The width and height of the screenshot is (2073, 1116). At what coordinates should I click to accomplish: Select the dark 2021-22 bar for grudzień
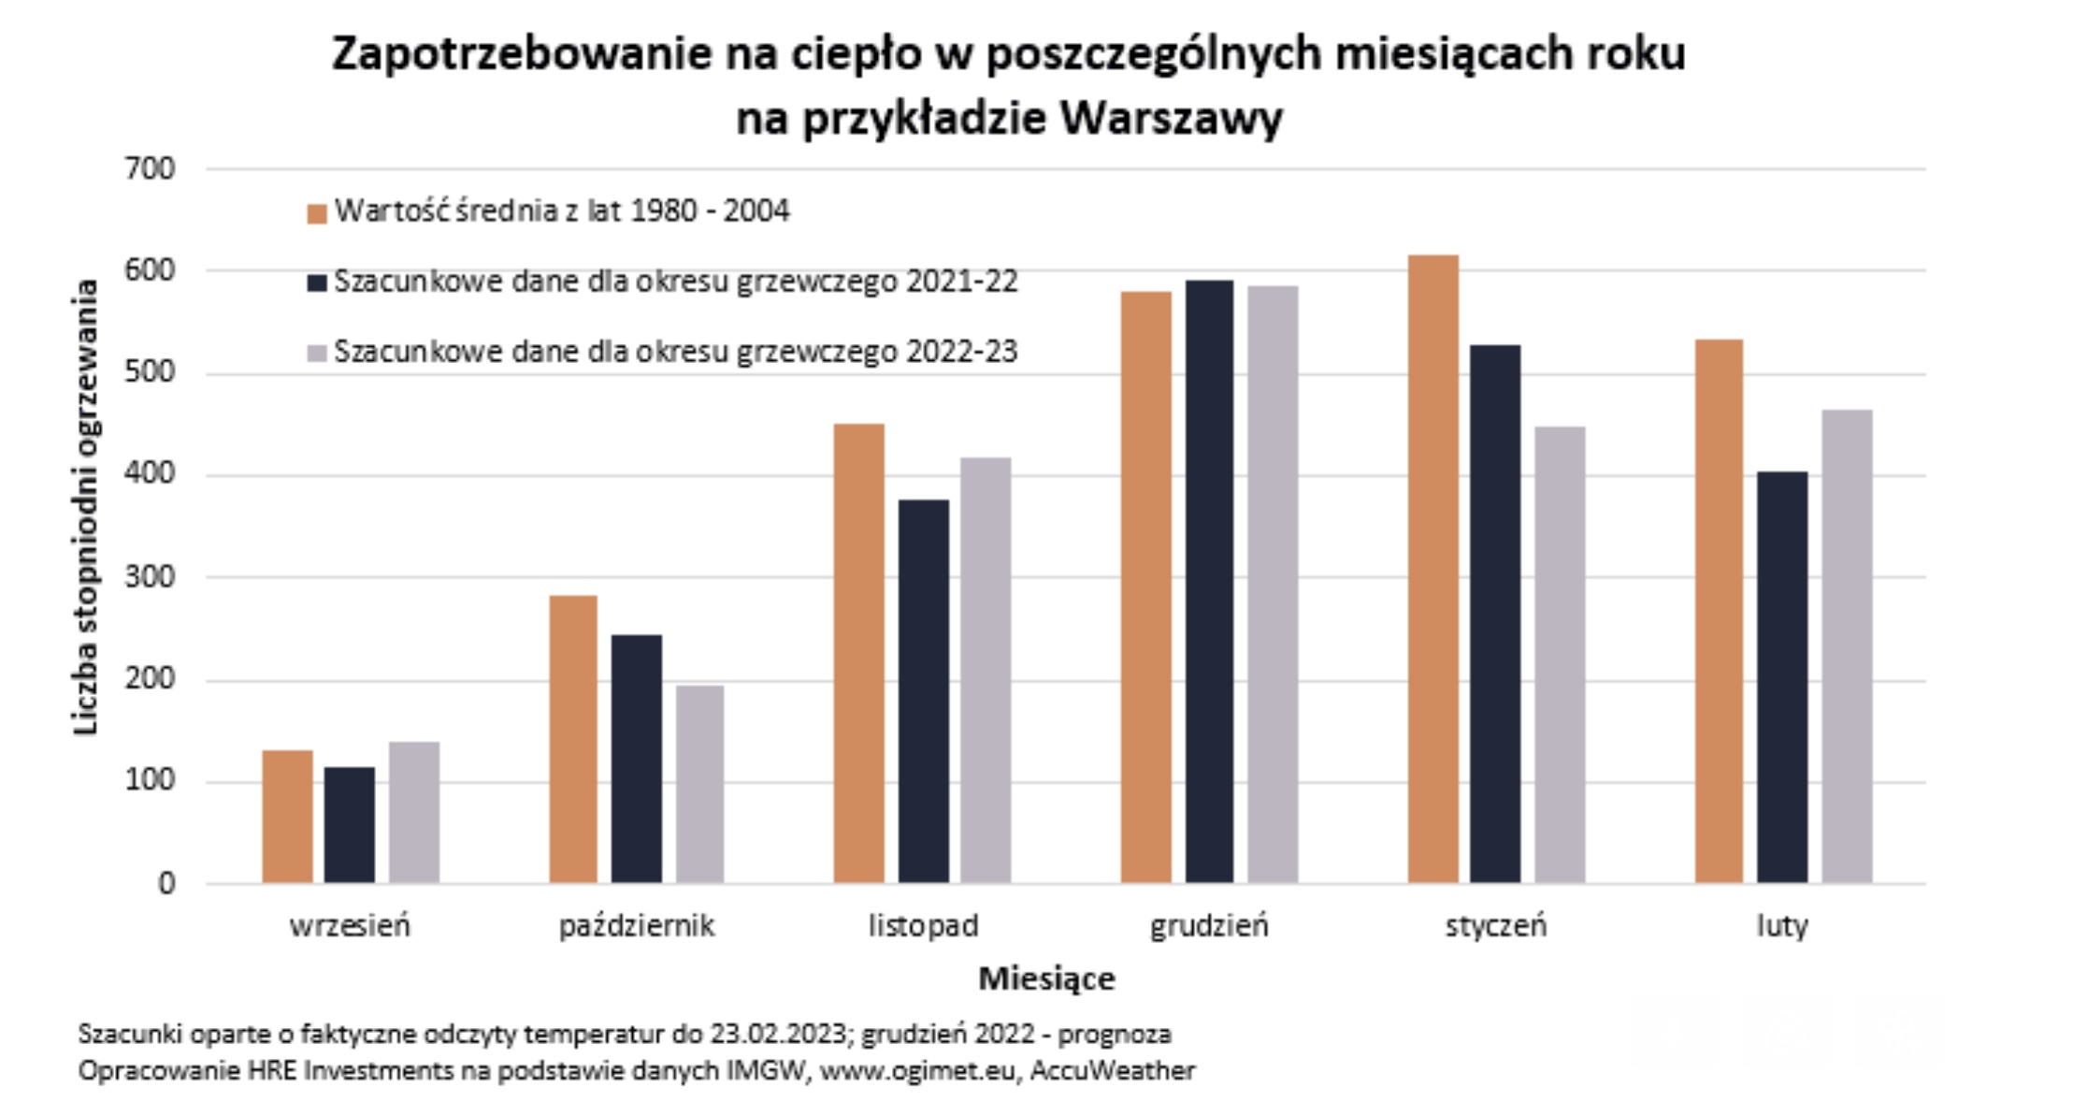[x=1209, y=581]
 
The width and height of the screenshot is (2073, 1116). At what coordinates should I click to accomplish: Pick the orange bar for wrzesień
[x=287, y=816]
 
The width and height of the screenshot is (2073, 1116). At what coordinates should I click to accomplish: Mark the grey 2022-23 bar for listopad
[x=986, y=670]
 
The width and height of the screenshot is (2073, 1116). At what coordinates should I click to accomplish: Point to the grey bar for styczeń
[x=1560, y=655]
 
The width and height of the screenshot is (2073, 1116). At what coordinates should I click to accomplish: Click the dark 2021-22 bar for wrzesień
[x=350, y=824]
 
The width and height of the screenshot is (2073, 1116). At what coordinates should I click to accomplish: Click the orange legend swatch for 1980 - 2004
[x=317, y=213]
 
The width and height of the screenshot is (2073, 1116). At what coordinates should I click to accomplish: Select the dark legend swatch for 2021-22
[x=317, y=283]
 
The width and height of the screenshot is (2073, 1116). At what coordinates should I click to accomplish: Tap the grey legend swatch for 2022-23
[x=317, y=353]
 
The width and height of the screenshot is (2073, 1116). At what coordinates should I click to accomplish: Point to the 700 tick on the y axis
[x=150, y=169]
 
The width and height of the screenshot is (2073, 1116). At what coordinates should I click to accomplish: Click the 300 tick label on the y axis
[x=150, y=576]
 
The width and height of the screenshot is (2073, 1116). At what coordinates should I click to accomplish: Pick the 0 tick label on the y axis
[x=166, y=883]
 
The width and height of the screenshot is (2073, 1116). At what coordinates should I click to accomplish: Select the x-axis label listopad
[x=923, y=926]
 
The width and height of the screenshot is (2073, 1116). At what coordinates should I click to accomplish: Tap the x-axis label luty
[x=1782, y=926]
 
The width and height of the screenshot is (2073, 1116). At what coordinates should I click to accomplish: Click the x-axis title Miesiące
[x=1046, y=978]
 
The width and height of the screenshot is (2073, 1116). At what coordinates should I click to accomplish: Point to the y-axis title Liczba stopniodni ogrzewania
[x=85, y=508]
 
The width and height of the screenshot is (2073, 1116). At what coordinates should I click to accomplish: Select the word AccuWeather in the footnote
[x=1112, y=1070]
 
